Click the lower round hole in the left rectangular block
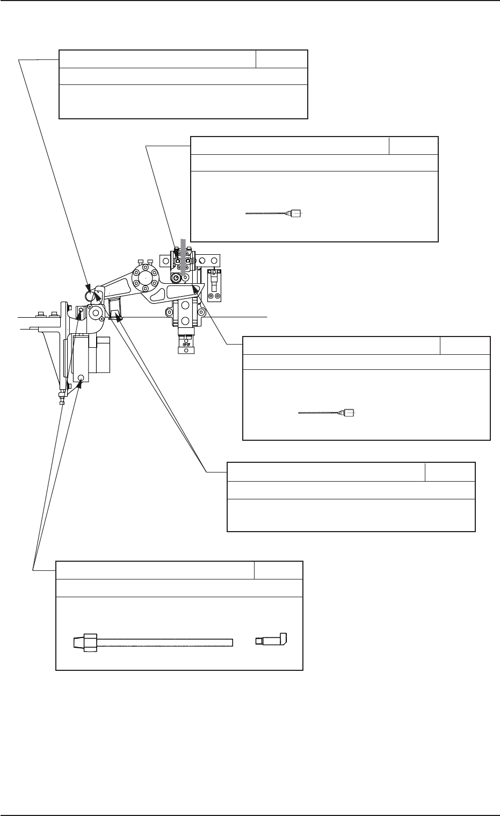[81, 377]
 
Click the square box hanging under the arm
[115, 309]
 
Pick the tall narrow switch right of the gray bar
[214, 285]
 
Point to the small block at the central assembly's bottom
[185, 346]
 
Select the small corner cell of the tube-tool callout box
[278, 570]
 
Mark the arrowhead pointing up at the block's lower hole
[80, 383]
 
